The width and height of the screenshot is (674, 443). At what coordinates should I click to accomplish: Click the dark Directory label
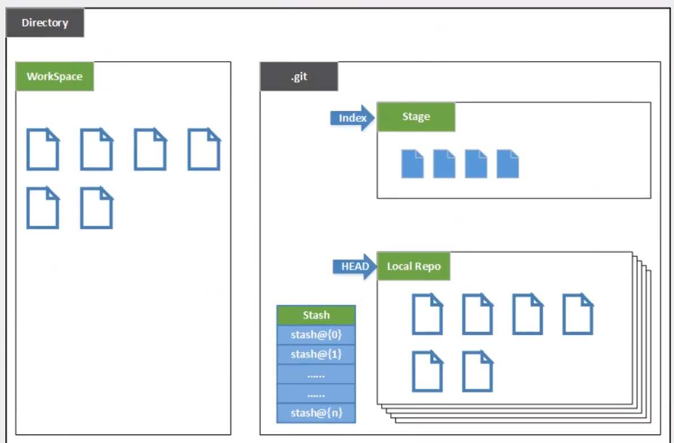point(45,23)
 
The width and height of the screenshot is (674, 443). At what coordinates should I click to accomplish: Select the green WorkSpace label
point(54,76)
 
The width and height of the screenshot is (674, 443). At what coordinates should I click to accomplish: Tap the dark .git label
point(299,76)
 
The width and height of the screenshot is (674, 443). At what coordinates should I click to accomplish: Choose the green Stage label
point(416,117)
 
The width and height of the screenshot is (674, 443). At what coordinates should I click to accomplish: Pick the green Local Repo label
point(413,266)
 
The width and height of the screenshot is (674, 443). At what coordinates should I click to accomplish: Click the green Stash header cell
point(316,315)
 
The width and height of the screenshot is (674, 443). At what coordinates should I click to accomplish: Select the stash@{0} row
point(316,335)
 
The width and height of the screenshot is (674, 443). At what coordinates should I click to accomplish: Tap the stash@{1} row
point(316,354)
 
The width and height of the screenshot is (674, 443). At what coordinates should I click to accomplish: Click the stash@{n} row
point(316,413)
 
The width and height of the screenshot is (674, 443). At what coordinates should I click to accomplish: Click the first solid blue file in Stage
point(412,164)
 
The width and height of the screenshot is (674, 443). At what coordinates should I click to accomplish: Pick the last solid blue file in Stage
point(507,164)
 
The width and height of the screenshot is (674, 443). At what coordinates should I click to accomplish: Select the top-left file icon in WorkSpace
point(43,149)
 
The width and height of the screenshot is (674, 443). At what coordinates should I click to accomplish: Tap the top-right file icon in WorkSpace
point(204,149)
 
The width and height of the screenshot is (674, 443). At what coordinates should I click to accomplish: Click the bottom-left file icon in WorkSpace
point(43,208)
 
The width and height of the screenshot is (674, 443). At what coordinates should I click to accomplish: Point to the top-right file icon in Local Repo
point(578,314)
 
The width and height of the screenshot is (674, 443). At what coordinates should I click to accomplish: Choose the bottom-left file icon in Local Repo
point(427,372)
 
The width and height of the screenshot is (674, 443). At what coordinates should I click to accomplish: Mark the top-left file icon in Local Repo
point(427,314)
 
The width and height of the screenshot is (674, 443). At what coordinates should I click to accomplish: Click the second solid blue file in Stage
point(444,164)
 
